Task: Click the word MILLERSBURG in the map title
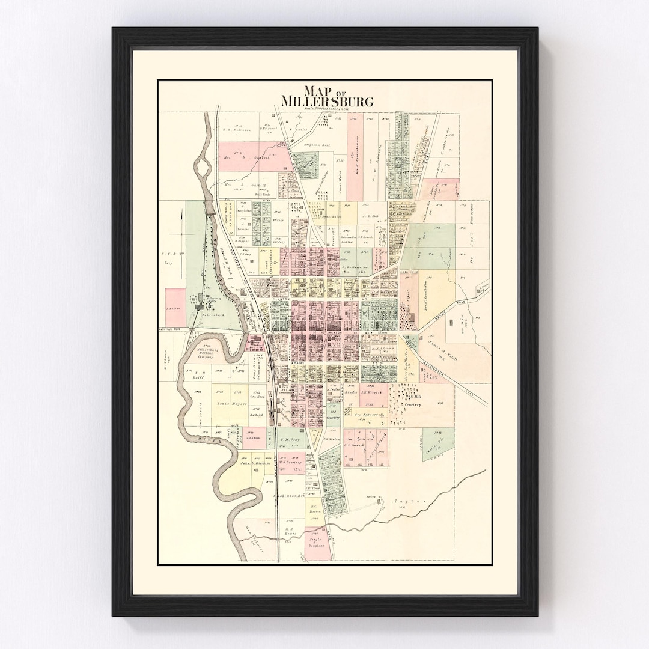327,100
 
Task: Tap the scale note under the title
327,108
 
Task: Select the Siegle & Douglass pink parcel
317,543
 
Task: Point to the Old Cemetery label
333,414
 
